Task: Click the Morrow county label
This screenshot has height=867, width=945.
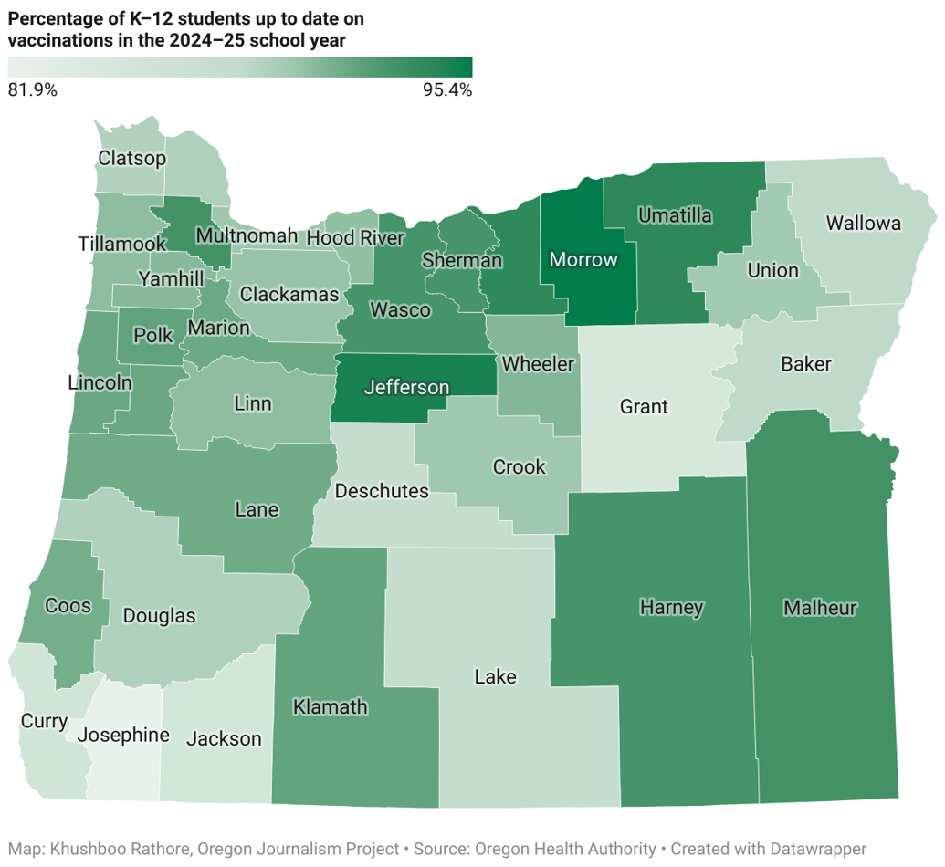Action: click(583, 260)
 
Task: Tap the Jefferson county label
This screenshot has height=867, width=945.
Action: click(406, 388)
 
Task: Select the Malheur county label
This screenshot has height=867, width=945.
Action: click(821, 608)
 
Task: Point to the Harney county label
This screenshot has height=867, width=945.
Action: click(671, 608)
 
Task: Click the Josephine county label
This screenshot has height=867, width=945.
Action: click(122, 736)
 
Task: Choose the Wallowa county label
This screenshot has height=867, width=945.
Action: click(862, 224)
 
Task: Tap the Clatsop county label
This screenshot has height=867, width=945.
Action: click(132, 159)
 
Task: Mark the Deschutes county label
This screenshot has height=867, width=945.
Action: click(382, 492)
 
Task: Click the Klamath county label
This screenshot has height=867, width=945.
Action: click(330, 706)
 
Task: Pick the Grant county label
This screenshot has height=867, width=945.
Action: click(644, 407)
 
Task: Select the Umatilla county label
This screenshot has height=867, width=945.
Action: click(675, 216)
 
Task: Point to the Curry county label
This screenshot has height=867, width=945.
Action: click(44, 722)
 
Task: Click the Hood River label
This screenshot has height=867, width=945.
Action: click(354, 238)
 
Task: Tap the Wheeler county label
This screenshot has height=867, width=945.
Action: click(539, 365)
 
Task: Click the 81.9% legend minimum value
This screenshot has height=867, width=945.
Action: click(33, 90)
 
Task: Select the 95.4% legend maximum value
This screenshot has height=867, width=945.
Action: click(446, 90)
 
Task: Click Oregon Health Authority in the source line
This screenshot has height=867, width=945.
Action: click(563, 850)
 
